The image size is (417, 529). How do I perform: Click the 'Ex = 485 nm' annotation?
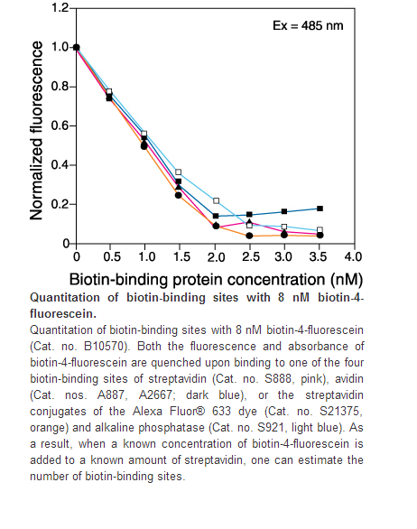308,25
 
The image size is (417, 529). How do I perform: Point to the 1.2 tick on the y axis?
60,7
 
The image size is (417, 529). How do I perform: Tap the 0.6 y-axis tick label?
60,125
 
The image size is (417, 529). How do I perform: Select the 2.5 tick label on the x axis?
251,257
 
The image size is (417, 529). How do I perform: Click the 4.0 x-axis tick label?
353,257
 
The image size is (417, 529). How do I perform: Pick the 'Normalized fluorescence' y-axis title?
36,131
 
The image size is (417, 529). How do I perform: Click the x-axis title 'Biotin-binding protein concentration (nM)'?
216,280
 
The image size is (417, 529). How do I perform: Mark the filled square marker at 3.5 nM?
320,209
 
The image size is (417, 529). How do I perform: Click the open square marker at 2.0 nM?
217,201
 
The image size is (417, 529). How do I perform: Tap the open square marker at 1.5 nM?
178,172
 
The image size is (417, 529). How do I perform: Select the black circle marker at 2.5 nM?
249,236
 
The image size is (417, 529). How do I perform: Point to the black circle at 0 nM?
77,47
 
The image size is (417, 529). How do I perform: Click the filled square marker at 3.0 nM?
284,211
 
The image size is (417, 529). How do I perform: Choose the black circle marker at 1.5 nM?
178,195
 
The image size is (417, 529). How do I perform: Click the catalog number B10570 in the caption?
105,346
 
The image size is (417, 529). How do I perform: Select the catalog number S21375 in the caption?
340,412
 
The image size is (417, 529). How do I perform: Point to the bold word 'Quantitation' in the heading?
65,298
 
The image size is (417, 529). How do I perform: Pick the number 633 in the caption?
222,412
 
